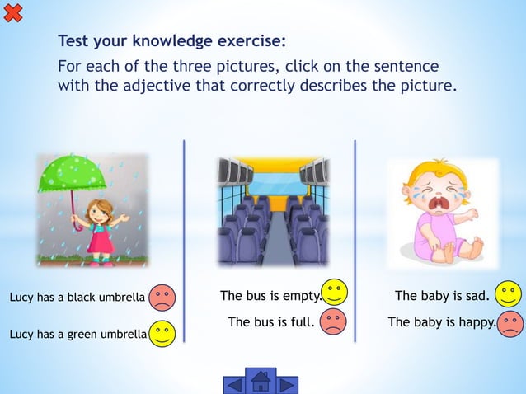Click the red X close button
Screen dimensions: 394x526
pos(12,12)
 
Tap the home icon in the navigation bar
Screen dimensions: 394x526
pos(261,382)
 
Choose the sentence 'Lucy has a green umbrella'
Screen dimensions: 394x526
pos(77,335)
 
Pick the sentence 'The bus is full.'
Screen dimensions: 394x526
pos(271,322)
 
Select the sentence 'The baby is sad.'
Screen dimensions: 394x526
pos(442,296)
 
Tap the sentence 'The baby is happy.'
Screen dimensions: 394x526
pos(442,322)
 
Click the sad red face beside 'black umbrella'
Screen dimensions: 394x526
pos(162,297)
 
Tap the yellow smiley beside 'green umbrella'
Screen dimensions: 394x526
pos(162,334)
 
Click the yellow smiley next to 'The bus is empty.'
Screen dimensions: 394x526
pos(335,293)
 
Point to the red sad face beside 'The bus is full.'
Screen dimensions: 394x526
pos(333,321)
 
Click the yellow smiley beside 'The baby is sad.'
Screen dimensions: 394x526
pos(509,293)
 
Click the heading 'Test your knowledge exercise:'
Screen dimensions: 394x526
pos(172,40)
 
